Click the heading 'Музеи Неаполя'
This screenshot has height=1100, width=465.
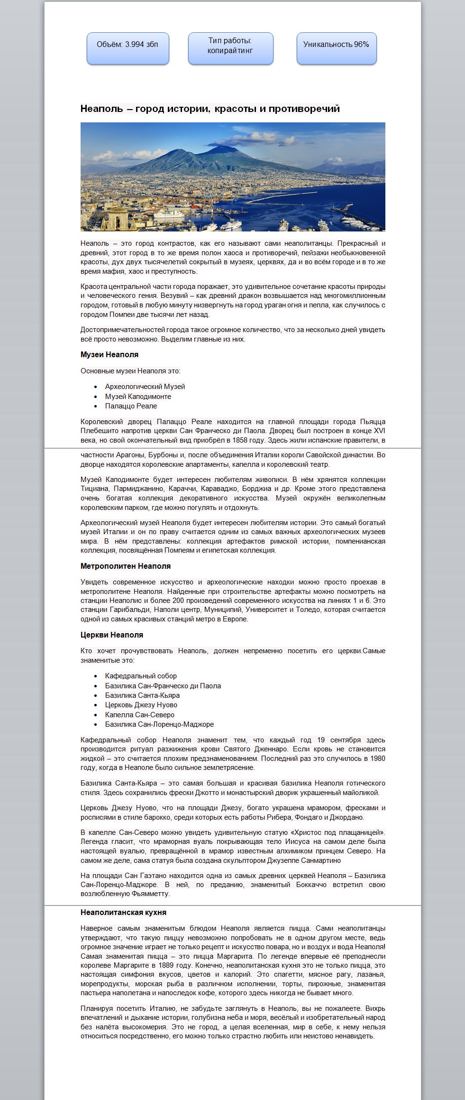[x=109, y=355]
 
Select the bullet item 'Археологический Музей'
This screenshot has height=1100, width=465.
[x=145, y=387]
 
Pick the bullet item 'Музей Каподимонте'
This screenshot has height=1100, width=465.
[x=138, y=397]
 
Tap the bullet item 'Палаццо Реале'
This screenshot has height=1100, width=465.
[x=131, y=406]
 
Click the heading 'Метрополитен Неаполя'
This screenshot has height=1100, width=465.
[x=126, y=566]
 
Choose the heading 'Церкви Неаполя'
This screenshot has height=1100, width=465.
[x=112, y=635]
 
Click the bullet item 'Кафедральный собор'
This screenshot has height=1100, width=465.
[x=141, y=676]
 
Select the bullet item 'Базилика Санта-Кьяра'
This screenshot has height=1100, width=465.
[x=142, y=695]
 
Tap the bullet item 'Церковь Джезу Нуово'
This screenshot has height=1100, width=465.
[x=141, y=705]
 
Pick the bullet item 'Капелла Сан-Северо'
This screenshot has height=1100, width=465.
[x=140, y=715]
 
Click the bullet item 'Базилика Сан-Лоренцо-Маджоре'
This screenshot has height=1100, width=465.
[x=159, y=724]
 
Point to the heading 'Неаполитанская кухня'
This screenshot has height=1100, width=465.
[x=123, y=913]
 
